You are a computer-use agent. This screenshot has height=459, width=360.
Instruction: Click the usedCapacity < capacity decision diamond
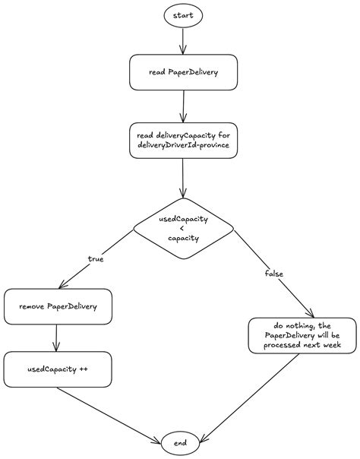[183, 227]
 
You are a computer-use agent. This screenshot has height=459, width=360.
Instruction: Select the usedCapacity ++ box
[58, 369]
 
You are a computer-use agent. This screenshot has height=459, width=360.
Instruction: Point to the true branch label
[96, 259]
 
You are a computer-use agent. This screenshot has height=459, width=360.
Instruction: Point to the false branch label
[274, 272]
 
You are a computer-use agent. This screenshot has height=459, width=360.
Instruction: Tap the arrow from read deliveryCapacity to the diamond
[182, 179]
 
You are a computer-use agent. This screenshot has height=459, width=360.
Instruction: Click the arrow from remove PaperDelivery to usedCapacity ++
[57, 338]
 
